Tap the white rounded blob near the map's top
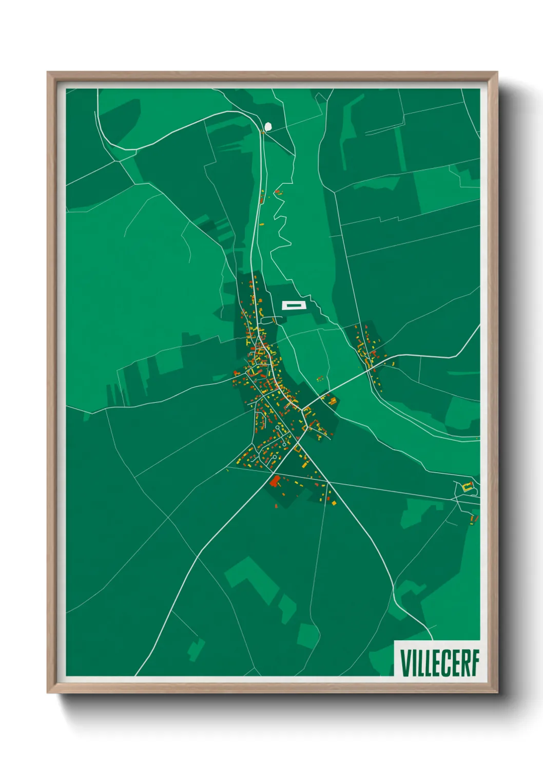[267, 126]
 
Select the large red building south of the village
[275, 482]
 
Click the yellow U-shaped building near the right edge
[467, 487]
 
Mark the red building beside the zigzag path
[278, 192]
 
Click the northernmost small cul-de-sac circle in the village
[278, 427]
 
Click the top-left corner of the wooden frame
[48, 73]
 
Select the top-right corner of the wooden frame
[497, 73]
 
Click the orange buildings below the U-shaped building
[473, 520]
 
